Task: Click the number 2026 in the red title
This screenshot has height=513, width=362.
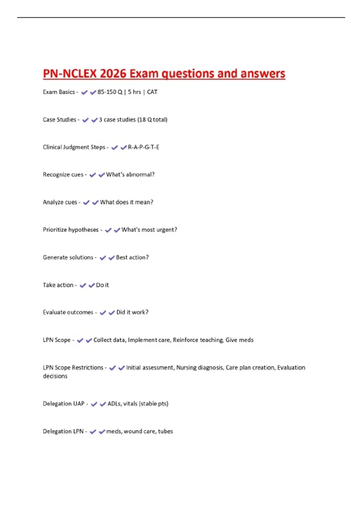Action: (113, 74)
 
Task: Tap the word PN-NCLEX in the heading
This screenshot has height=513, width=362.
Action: (70, 74)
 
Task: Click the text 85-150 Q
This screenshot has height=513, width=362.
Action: (110, 92)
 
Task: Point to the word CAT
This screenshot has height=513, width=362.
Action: (152, 92)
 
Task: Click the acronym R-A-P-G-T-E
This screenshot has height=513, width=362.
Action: (144, 147)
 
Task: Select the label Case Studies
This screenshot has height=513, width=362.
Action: (59, 120)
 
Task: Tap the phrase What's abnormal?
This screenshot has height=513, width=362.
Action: (130, 175)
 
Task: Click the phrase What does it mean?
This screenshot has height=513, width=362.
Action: (127, 202)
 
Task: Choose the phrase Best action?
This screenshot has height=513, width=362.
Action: (132, 257)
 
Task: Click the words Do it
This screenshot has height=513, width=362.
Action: (103, 285)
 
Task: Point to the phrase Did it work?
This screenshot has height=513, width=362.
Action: (132, 312)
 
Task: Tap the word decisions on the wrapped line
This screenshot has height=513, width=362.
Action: (55, 376)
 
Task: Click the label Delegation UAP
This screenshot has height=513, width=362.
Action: (64, 404)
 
